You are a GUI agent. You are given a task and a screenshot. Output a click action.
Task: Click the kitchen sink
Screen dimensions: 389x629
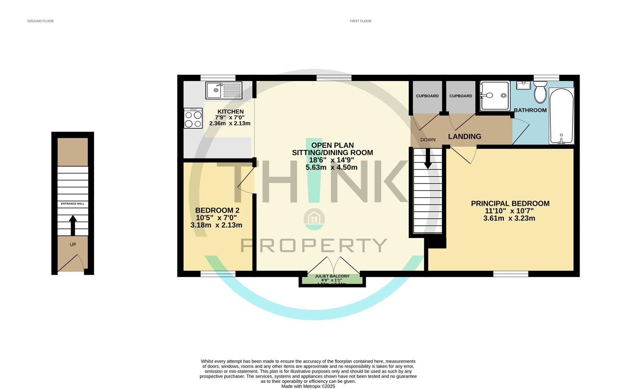pyautogui.click(x=223, y=90)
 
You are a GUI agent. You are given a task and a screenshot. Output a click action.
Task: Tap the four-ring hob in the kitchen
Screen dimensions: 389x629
pyautogui.click(x=193, y=119)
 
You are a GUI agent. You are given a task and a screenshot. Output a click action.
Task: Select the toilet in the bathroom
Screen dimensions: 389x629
pyautogui.click(x=540, y=92)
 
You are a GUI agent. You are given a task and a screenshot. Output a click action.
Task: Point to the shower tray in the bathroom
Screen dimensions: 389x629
pyautogui.click(x=495, y=95)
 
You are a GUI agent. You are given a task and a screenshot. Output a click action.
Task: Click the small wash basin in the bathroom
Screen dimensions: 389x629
pyautogui.click(x=523, y=85)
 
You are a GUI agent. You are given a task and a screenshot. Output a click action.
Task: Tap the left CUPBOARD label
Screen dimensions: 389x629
pyautogui.click(x=427, y=96)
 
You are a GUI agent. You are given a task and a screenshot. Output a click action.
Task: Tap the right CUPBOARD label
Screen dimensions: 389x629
pyautogui.click(x=460, y=96)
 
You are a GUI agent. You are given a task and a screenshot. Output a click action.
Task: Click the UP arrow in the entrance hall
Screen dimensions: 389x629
pyautogui.click(x=73, y=225)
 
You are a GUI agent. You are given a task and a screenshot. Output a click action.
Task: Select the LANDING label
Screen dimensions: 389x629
pyautogui.click(x=464, y=137)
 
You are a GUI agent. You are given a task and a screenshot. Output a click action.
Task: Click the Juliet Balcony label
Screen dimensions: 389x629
pyautogui.click(x=332, y=276)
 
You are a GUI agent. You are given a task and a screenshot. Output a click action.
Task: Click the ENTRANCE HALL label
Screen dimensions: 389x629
pyautogui.click(x=72, y=204)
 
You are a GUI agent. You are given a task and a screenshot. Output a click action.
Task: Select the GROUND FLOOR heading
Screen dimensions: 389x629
pyautogui.click(x=40, y=21)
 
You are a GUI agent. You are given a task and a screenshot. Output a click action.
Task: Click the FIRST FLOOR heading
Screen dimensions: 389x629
pyautogui.click(x=360, y=21)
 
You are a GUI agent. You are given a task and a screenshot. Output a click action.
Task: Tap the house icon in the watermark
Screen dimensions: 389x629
pyautogui.click(x=314, y=219)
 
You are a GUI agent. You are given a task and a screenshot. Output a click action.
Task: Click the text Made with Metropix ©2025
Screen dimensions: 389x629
pyautogui.click(x=308, y=386)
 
